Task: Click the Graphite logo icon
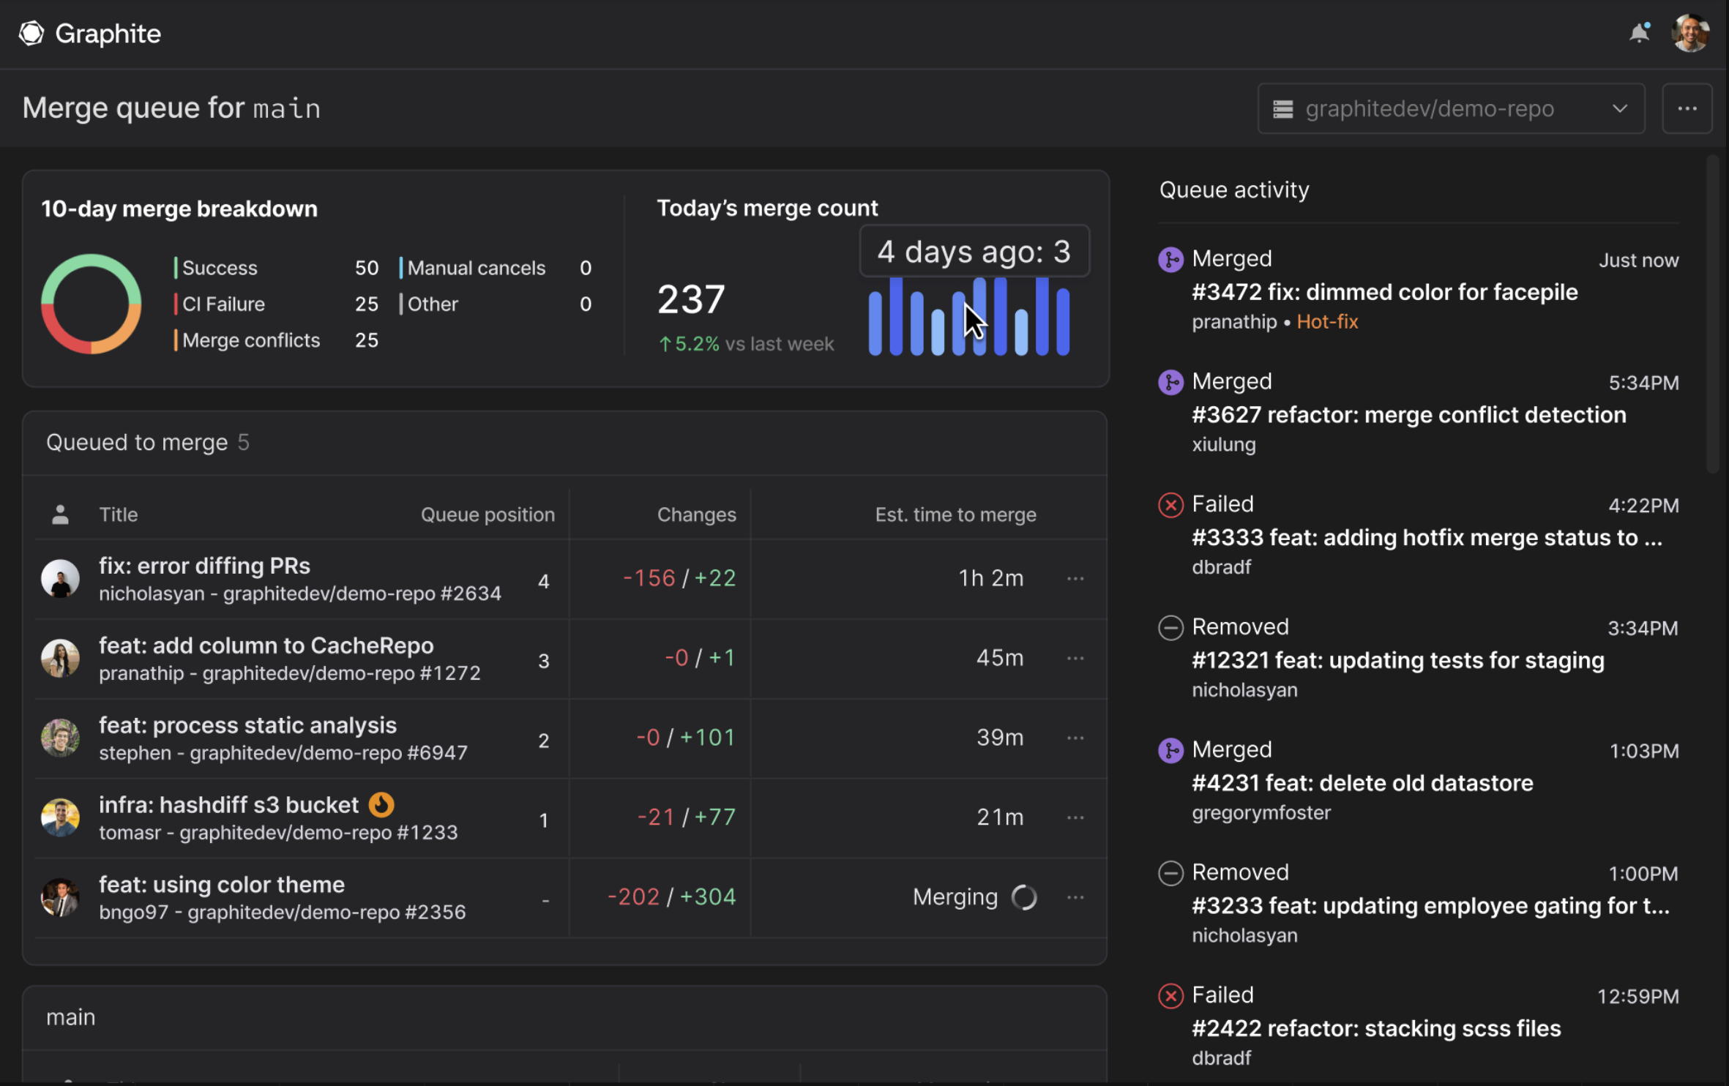[31, 33]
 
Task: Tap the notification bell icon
[1639, 33]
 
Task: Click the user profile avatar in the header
[1690, 33]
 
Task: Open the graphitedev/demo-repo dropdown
[1450, 108]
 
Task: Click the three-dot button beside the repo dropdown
[1687, 108]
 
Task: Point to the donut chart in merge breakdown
[91, 304]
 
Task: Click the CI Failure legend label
[223, 304]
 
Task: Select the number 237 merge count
[690, 299]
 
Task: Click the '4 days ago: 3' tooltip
[974, 251]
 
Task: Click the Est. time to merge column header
[955, 514]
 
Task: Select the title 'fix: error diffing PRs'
[204, 566]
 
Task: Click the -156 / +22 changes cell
[679, 578]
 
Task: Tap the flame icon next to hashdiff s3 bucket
[381, 804]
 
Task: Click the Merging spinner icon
[1023, 896]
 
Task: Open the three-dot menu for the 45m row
[1075, 658]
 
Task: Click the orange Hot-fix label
[1326, 322]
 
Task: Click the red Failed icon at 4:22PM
[1170, 505]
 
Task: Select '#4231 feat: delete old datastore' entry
[1362, 783]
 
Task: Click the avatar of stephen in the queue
[60, 738]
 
